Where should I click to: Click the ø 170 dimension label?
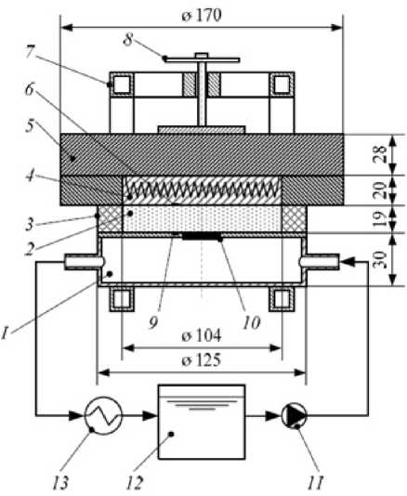point(202,15)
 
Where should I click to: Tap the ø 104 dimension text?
point(202,335)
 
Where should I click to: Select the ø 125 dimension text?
point(202,360)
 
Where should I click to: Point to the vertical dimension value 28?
point(381,154)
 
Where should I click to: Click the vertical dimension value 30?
point(381,259)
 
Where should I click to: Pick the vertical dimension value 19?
point(380,218)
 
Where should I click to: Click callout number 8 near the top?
point(128,40)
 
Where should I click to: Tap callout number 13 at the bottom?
point(60,483)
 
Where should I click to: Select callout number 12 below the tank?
point(135,483)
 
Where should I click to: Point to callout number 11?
point(316,483)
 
